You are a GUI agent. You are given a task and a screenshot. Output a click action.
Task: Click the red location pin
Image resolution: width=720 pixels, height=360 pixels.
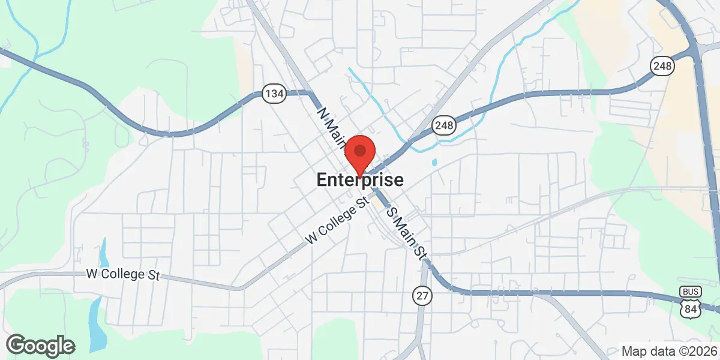point(360,155)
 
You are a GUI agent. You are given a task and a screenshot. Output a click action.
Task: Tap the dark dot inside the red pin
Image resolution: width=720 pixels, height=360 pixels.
point(360,149)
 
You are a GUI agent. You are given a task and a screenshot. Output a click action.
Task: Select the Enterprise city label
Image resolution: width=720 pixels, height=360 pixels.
point(359,180)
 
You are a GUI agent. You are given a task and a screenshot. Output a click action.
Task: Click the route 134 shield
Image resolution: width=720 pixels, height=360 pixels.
point(274,94)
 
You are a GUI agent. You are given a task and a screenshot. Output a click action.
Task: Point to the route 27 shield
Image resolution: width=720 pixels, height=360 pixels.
point(422,295)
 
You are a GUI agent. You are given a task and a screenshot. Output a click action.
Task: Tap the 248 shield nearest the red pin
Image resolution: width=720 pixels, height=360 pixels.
point(445,125)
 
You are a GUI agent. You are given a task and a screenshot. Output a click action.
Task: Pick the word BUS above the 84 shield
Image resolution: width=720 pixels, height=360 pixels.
point(690,292)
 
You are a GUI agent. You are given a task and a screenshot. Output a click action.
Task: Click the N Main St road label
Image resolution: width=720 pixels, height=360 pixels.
point(332,127)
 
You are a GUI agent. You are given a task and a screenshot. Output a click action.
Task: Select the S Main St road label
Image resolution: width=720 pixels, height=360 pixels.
point(407,233)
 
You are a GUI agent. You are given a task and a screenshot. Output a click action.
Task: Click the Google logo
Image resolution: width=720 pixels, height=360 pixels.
point(40,346)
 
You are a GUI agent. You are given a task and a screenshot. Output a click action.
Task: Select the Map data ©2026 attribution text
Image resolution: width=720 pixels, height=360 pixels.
point(669,351)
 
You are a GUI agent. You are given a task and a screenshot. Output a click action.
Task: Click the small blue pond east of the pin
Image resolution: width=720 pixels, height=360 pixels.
point(434,163)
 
